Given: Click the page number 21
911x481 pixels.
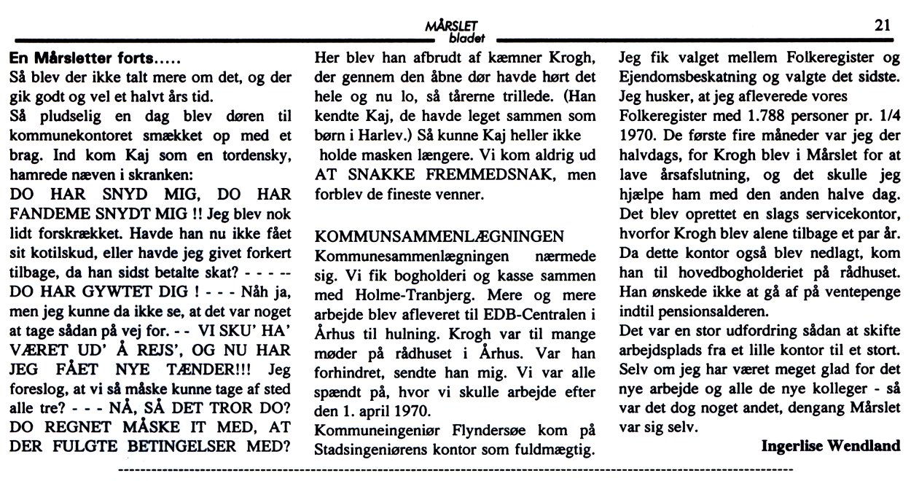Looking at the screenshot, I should (x=883, y=25).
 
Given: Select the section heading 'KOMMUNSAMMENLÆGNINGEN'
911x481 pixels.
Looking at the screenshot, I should (x=439, y=237).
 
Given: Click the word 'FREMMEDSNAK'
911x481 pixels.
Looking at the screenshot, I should (x=473, y=176).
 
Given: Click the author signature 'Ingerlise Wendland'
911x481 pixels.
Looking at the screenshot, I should (x=830, y=445).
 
